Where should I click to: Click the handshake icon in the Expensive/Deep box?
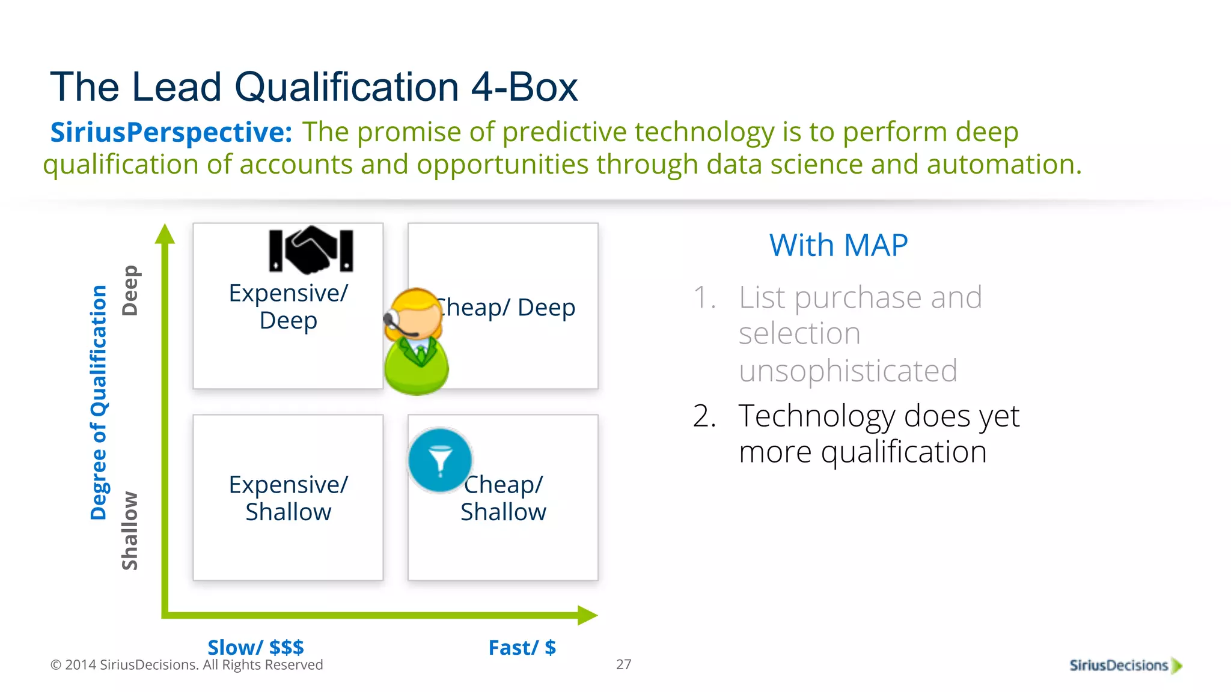coord(311,249)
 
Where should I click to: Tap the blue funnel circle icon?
coord(440,461)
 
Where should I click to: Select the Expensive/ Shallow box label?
coord(288,498)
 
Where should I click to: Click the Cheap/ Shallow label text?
coord(504,498)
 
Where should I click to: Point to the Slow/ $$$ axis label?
coord(255,648)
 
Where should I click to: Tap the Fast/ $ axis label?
coord(522,648)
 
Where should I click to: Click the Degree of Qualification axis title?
coord(99,402)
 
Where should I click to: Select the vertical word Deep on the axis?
coord(130,291)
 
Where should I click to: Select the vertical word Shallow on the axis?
coord(130,530)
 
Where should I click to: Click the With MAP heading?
coord(838,246)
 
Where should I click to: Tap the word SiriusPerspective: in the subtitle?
coord(171,132)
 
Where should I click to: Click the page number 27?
coord(623,664)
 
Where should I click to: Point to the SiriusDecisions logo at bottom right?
coord(1125,665)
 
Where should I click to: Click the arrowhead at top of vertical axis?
coord(165,234)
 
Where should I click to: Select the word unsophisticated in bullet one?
coord(848,371)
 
